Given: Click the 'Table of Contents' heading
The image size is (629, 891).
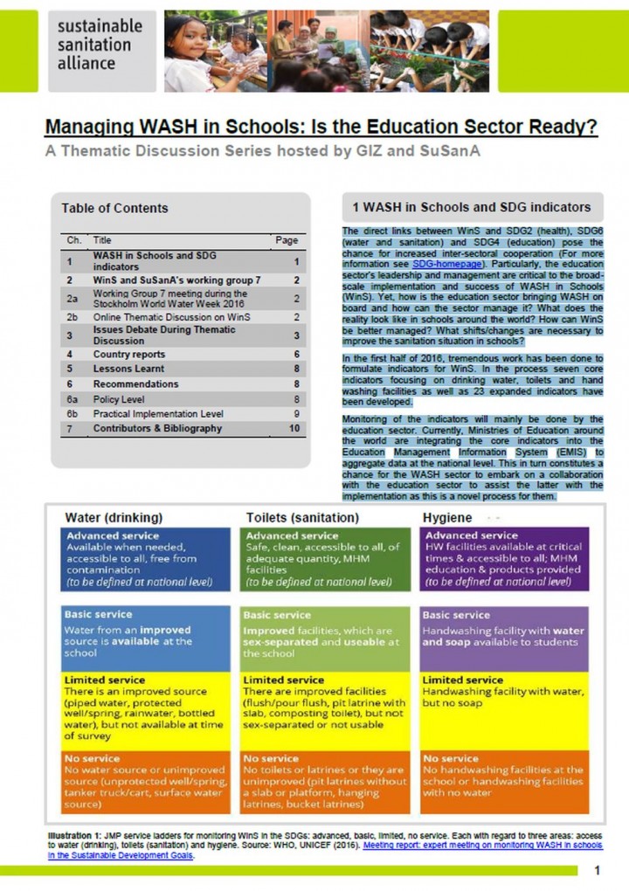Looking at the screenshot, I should coord(114,208).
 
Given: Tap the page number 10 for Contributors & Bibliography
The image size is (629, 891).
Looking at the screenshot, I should coord(294,428).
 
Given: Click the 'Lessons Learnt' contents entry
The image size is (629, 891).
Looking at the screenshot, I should coord(129,370).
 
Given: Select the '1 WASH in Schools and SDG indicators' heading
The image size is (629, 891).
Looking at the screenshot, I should coord(471,208).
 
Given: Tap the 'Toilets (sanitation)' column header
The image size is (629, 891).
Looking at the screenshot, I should coord(302,517).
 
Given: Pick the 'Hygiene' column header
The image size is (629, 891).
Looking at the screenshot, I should coord(448,517).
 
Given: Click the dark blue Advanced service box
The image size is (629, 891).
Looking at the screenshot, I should coord(146,559).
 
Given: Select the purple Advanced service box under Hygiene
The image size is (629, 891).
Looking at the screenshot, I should coord(503,559).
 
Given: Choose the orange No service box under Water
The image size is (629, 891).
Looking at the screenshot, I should coord(146,781).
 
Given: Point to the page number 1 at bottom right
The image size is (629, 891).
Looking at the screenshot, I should coord(598,871).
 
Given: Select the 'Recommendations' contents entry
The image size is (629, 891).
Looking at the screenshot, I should coord(135,384).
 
